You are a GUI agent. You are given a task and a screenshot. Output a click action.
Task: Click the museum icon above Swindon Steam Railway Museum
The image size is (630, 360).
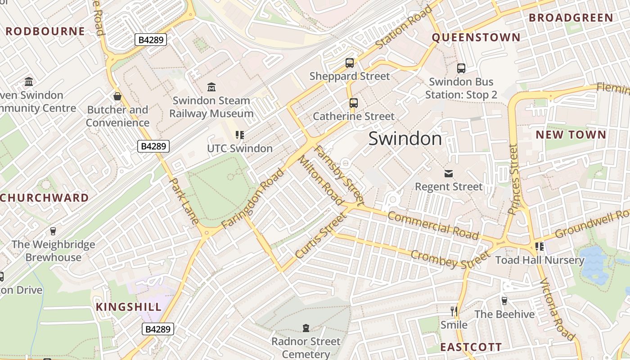pos(211,86)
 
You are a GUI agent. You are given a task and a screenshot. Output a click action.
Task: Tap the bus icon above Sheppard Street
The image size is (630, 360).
pos(350,63)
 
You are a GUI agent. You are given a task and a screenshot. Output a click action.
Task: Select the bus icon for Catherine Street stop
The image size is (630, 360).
pos(354,103)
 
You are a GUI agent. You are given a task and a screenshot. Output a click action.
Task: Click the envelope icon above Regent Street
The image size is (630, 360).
pos(448,173)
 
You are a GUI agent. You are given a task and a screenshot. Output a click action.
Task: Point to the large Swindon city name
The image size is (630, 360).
pos(405,139)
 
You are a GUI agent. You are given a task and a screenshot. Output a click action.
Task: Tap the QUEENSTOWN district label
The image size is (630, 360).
pos(476,37)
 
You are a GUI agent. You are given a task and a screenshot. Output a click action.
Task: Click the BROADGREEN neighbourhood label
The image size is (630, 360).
pos(571,18)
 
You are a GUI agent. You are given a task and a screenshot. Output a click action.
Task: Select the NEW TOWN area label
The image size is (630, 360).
pos(571,135)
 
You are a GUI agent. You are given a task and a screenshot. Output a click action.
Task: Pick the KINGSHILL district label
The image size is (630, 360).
pos(129,307)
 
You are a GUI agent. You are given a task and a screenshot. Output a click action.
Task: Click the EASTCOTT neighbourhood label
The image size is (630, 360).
pos(471,347)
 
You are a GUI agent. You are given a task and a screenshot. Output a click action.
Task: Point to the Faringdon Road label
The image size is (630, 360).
pos(253,198)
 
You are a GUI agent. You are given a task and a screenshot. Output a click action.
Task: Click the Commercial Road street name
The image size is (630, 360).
pos(433,225)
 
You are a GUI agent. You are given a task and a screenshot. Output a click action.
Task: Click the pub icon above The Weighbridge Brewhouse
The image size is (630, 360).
pos(53,231)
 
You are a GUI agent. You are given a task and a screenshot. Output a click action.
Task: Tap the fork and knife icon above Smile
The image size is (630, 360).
pos(454,311)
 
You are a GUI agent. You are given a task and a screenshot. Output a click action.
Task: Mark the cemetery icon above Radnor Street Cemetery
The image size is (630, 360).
pos(306,328)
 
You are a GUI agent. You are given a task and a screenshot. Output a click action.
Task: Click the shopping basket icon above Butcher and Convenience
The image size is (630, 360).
pos(117,96)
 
